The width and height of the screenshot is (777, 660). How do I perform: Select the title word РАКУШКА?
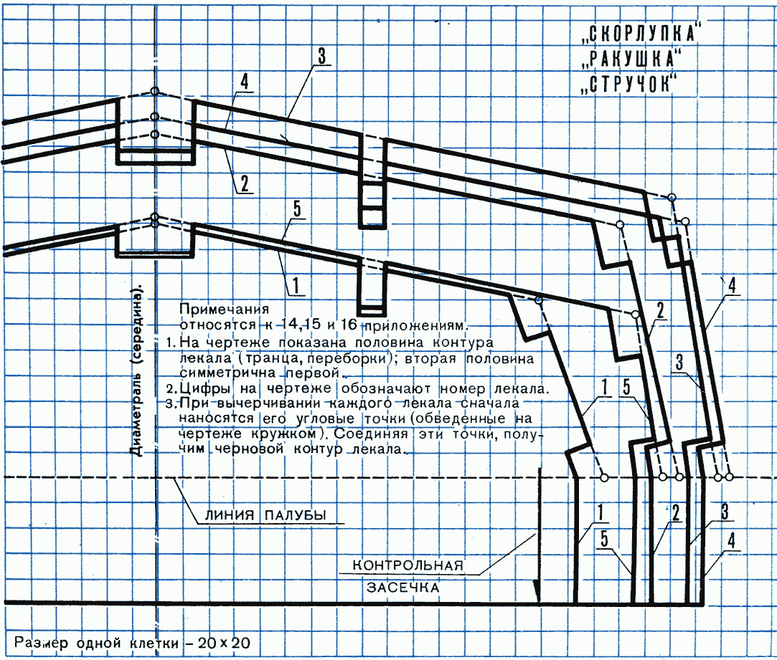pyautogui.click(x=632, y=59)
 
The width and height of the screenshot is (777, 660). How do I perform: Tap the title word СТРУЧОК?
pyautogui.click(x=629, y=84)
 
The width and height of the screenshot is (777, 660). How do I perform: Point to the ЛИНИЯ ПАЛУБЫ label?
pyautogui.click(x=265, y=515)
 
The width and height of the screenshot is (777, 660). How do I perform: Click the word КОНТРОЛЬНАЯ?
pyautogui.click(x=408, y=565)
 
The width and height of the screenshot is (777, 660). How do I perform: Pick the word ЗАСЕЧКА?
pyautogui.click(x=403, y=588)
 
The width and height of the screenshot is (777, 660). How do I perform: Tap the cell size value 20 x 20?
pyautogui.click(x=224, y=644)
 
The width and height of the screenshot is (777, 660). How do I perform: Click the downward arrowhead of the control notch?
pyautogui.click(x=537, y=592)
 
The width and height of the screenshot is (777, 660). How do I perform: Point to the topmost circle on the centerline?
pyautogui.click(x=155, y=92)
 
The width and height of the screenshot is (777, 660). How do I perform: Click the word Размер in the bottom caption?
pyautogui.click(x=41, y=644)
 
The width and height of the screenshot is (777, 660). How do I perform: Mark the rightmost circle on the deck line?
pyautogui.click(x=729, y=477)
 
